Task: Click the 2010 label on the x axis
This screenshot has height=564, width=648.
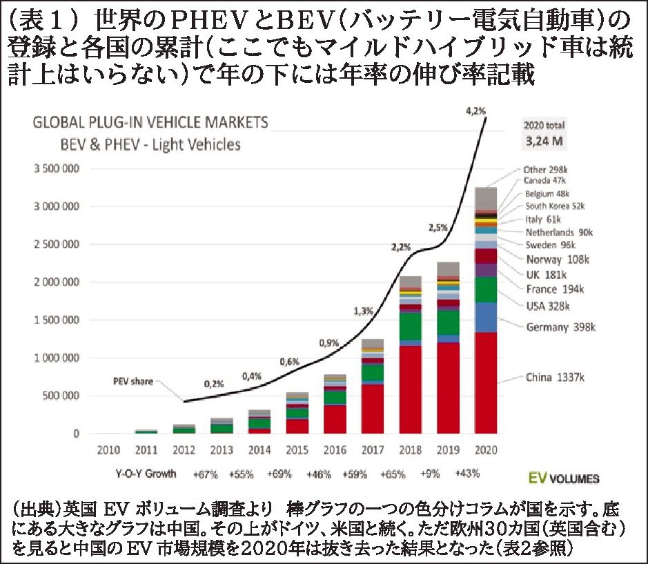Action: pos(109,450)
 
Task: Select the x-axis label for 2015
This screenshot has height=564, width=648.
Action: pos(297,450)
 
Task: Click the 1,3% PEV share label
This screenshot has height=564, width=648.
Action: pos(363,311)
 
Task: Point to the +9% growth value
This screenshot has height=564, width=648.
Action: pos(430,474)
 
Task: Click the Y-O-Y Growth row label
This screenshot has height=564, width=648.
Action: pos(146,474)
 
